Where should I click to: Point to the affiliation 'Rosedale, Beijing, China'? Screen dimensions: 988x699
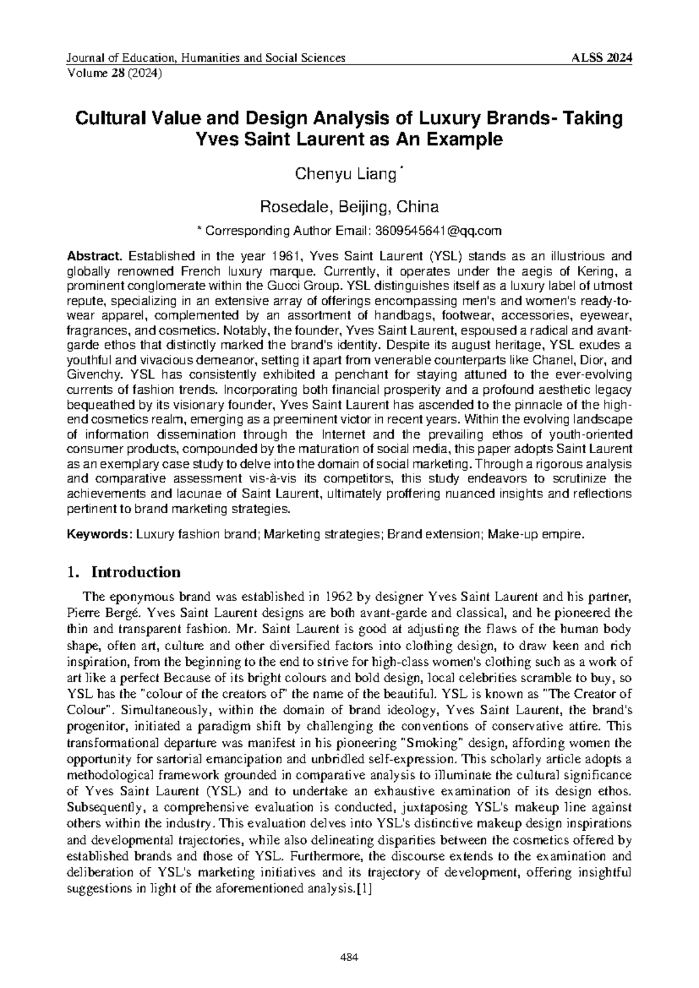click(349, 206)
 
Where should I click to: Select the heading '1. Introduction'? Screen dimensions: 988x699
click(124, 572)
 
